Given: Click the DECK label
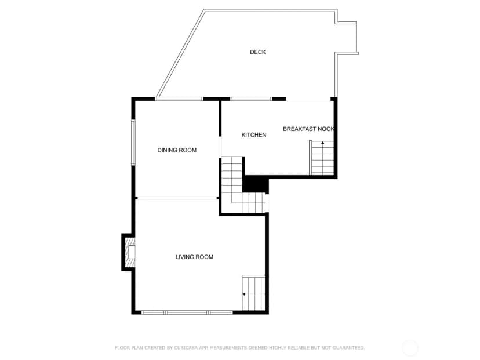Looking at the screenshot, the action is [258, 52].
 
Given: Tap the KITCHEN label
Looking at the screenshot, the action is [254, 134].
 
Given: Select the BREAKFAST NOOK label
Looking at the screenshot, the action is [308, 129].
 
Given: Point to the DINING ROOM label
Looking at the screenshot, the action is [177, 150].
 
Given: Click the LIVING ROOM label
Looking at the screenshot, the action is [194, 257].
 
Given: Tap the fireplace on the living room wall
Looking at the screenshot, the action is [129, 252].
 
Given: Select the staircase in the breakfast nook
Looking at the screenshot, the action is [321, 158].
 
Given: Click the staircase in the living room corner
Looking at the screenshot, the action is [253, 293].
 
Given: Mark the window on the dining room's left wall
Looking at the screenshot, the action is [133, 143].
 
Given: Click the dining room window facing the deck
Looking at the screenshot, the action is [179, 99].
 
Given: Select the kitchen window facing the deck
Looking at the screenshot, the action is [251, 99].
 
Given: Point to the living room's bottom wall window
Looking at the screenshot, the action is [187, 312].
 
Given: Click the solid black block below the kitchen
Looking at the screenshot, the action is [255, 185].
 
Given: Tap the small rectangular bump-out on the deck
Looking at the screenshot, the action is [347, 38].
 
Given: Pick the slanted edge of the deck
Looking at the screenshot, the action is [180, 53].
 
